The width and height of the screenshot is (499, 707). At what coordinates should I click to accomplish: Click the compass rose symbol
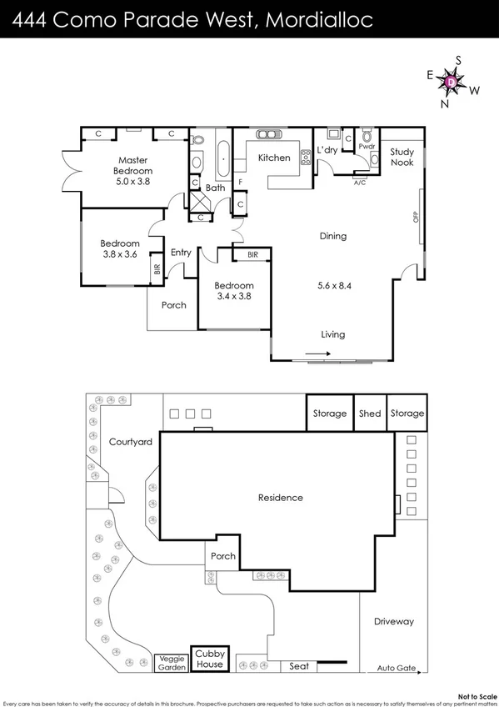pos(452,82)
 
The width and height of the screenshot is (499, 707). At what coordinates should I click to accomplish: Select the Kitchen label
pos(273,158)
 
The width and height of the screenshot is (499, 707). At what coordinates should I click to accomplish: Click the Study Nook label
pos(402,158)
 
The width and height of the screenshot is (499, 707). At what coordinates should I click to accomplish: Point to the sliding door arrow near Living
pos(317,353)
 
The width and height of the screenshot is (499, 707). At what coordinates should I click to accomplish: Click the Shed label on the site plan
pos(370,414)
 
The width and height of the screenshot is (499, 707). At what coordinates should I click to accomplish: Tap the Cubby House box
pos(209,659)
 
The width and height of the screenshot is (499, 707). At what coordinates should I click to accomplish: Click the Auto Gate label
pos(395,669)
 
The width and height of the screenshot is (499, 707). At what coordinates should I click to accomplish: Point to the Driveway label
pos(393,622)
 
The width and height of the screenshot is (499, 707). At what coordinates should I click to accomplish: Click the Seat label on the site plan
pos(298,666)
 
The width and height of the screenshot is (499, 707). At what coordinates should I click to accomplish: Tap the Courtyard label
pos(131,442)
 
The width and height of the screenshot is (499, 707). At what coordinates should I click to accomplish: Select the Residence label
pos(280,498)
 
